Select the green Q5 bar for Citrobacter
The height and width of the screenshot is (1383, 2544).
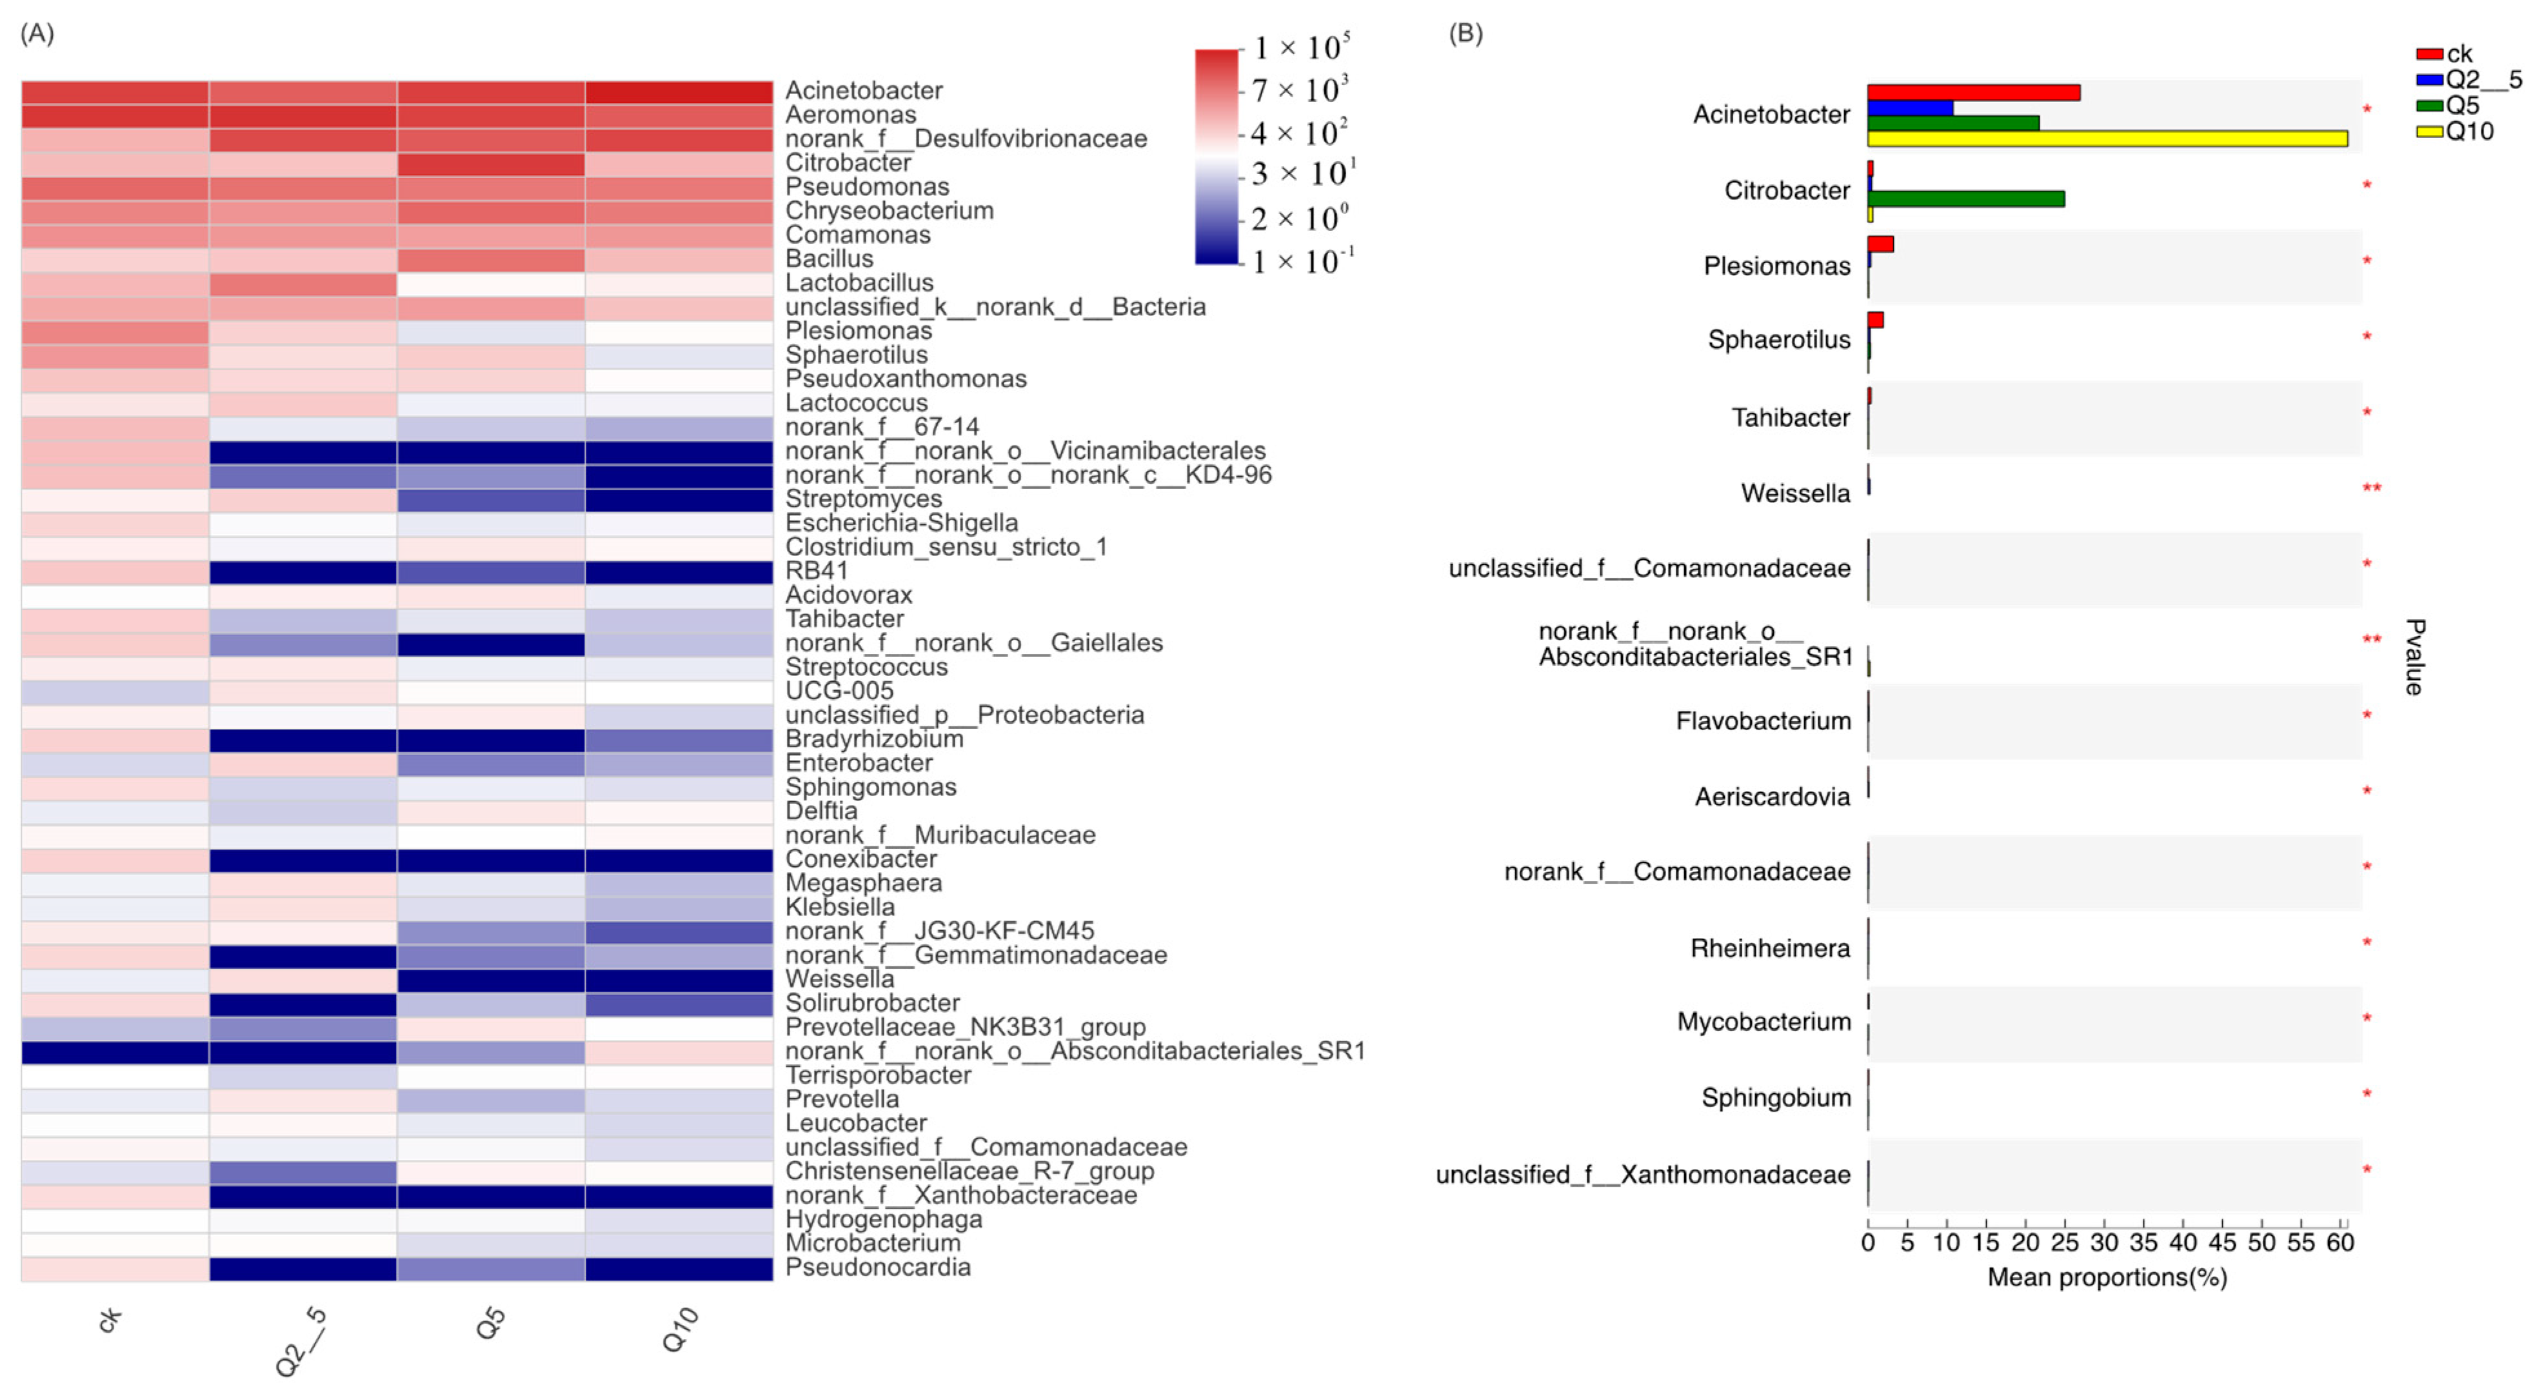point(1965,199)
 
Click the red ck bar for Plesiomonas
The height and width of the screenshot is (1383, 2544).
point(1880,244)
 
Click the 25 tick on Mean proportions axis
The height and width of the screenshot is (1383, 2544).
point(2064,1243)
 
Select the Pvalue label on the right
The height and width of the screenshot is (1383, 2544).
point(2414,657)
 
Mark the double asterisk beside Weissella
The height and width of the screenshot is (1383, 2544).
point(2371,488)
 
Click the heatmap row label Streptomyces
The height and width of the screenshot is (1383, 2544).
point(863,499)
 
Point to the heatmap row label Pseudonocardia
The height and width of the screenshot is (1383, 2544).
point(877,1268)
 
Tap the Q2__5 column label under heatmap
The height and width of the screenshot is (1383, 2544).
point(301,1340)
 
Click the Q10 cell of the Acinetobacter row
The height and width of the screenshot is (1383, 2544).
point(679,92)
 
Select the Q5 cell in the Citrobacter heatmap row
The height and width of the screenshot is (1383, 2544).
point(491,164)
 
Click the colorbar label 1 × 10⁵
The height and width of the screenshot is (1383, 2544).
point(1300,48)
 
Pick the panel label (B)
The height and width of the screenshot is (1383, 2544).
point(1465,34)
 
